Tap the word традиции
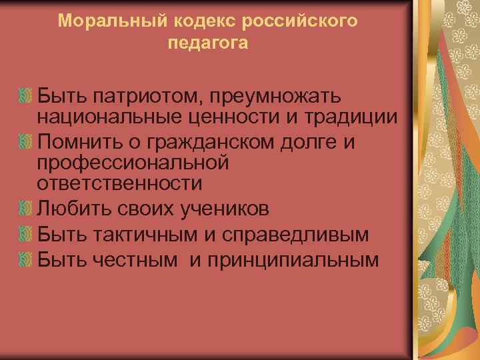(351, 118)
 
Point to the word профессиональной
(133, 161)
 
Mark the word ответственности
(119, 181)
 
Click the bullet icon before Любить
(26, 209)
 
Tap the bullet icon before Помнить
(26, 141)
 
